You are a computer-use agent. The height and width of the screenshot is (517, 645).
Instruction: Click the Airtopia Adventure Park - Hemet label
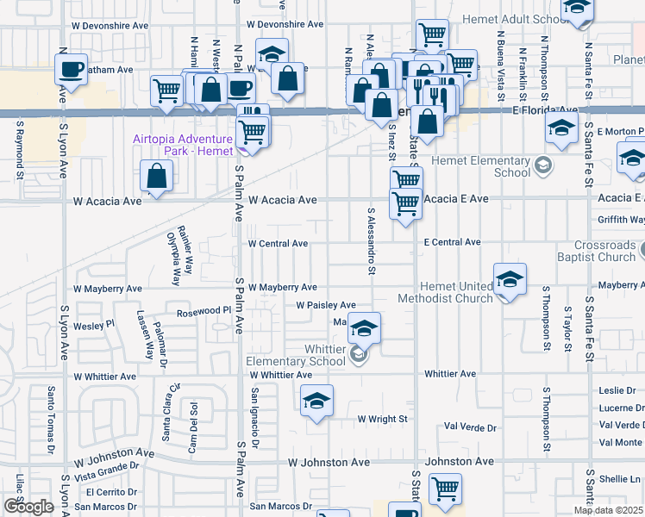(183, 145)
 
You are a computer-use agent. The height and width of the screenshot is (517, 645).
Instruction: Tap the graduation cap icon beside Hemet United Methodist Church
(510, 280)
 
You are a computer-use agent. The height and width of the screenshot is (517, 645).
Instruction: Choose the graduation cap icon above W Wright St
(316, 401)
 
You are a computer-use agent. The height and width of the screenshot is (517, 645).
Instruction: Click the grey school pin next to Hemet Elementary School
(542, 165)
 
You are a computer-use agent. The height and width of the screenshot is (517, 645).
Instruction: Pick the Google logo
(29, 507)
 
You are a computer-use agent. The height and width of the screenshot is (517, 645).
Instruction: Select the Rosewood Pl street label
(204, 314)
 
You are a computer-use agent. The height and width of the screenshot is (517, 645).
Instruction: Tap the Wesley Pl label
(94, 325)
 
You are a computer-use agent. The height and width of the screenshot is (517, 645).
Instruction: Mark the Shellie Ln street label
(621, 479)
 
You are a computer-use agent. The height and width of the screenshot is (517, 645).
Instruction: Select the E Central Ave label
(452, 243)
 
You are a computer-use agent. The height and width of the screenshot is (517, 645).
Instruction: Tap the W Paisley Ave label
(325, 305)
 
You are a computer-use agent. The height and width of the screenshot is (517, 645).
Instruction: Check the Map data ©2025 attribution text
(609, 510)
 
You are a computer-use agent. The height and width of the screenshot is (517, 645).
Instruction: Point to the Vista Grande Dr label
(107, 470)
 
